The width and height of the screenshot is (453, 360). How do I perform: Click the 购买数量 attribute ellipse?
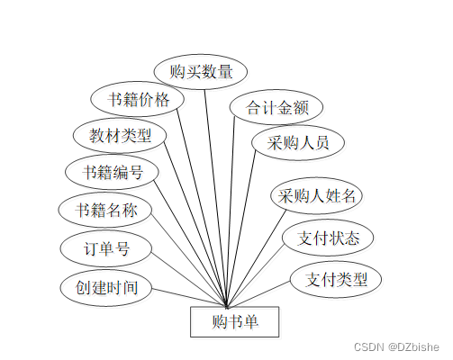(x=201, y=72)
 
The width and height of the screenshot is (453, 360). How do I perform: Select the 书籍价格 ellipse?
(x=137, y=99)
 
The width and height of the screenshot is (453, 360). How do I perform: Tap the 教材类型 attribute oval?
(x=120, y=135)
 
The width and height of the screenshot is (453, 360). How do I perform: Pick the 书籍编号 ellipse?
(x=112, y=172)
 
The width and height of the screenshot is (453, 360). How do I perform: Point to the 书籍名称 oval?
(x=105, y=210)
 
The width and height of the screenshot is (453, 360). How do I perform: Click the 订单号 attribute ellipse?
(x=106, y=248)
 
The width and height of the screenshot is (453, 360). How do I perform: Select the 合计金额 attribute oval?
(x=276, y=107)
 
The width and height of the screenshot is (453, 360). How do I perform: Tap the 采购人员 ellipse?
(x=298, y=142)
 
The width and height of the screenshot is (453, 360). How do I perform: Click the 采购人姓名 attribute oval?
(x=316, y=195)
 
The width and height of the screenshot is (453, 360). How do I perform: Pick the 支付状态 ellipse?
(x=328, y=238)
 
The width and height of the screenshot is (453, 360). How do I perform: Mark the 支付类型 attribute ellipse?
(x=336, y=279)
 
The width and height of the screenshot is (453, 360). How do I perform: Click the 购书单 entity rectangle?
(x=235, y=321)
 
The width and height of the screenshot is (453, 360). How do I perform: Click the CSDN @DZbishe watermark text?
(x=396, y=347)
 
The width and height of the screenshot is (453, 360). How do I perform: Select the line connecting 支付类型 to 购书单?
(x=258, y=294)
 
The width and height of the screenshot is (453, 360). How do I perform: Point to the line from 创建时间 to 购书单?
(x=189, y=298)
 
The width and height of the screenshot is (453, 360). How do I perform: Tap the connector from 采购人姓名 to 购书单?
(x=257, y=259)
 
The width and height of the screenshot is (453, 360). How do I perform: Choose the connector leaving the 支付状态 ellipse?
(x=256, y=276)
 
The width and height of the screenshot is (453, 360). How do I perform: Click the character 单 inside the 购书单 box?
(x=250, y=321)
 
